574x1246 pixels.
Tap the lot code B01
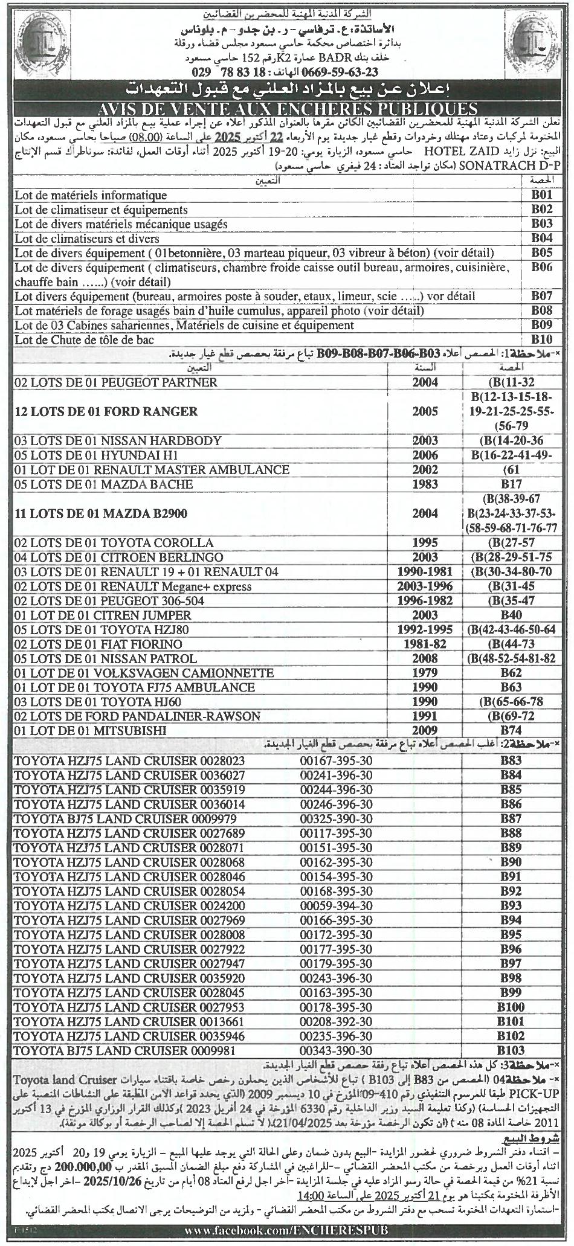pyautogui.click(x=542, y=195)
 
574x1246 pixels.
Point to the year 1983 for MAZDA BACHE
pyautogui.click(x=425, y=484)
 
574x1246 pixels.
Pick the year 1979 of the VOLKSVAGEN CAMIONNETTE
pyautogui.click(x=425, y=673)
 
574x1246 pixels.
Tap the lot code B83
pyautogui.click(x=511, y=760)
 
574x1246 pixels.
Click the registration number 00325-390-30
pyautogui.click(x=337, y=818)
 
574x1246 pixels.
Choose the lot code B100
pyautogui.click(x=511, y=1007)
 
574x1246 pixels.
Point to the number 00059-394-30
pyautogui.click(x=337, y=905)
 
